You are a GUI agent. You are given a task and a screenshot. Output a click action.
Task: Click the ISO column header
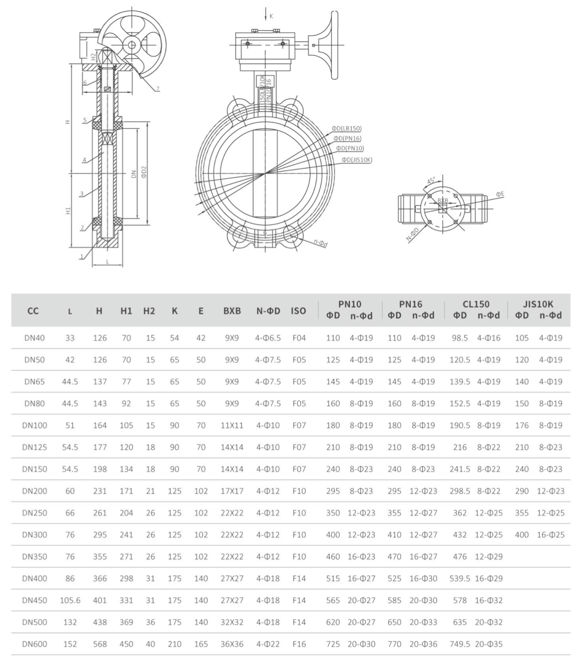point(298,311)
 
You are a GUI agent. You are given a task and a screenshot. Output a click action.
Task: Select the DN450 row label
point(34,600)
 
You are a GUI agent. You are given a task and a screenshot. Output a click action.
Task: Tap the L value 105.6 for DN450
point(70,600)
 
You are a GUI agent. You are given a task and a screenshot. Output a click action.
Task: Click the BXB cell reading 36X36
point(231,644)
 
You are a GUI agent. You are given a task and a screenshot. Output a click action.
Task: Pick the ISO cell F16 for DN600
point(299,644)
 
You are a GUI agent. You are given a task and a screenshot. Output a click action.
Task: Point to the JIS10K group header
point(538,304)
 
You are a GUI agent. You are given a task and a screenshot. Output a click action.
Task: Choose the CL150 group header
point(477,304)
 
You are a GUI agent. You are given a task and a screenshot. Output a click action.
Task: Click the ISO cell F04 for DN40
point(299,338)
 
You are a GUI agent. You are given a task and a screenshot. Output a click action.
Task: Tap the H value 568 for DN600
point(100,644)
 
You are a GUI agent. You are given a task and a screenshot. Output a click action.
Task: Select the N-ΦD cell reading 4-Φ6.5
point(268,338)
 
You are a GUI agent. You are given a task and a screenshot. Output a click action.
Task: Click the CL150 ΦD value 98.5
point(460,338)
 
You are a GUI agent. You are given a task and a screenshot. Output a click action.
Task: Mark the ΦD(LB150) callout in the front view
point(346,128)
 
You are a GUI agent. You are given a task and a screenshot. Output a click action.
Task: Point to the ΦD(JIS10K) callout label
point(356,159)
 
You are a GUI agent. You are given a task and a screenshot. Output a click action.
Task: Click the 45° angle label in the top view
point(430,181)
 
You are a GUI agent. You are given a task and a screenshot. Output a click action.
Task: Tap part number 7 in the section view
point(157,89)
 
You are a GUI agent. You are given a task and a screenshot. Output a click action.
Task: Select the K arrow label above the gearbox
point(272,16)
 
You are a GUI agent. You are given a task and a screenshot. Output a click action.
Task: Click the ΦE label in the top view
point(500,194)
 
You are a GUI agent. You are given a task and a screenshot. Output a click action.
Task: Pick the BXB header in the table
point(231,311)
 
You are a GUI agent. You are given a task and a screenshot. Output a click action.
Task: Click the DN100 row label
point(34,425)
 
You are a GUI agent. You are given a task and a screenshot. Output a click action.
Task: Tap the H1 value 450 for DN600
point(126,644)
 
